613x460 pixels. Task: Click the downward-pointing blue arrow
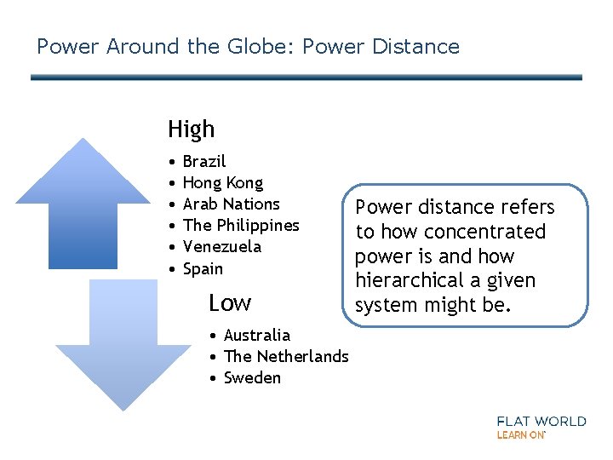pos(113,341)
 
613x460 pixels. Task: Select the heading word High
pos(191,129)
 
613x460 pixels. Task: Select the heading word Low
pos(230,302)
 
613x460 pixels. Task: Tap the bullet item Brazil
pos(204,161)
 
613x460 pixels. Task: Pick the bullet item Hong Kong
pos(223,182)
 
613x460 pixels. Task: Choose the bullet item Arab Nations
pos(231,204)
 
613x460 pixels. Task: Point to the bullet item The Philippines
pos(241,225)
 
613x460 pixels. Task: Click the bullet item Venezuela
pos(221,246)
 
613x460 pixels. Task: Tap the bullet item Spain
pos(203,268)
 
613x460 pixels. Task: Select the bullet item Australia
pos(256,335)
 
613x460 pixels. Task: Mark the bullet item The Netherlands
pos(285,356)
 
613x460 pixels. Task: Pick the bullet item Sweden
pos(252,377)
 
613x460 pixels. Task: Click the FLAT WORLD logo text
pos(541,421)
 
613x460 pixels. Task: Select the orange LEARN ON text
pos(520,434)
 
